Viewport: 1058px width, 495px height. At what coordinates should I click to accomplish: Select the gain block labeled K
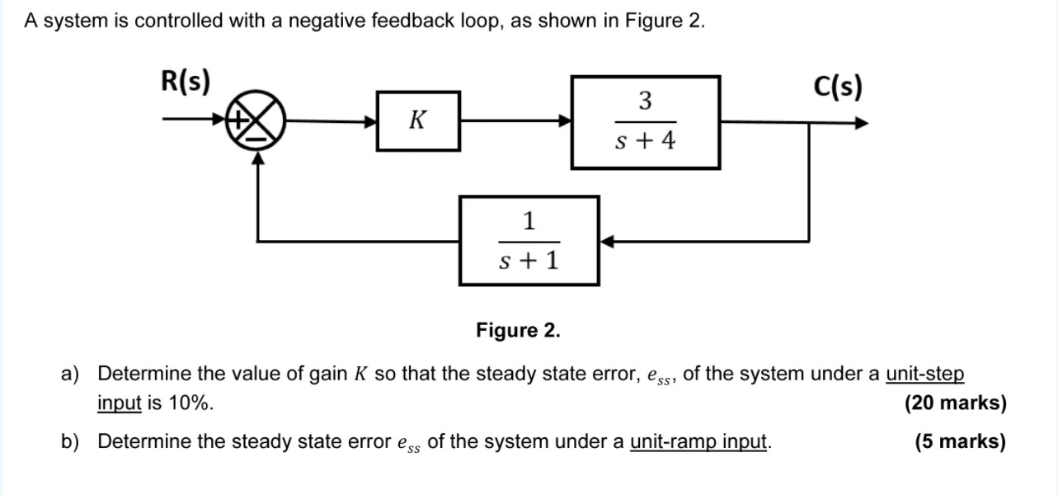pyautogui.click(x=418, y=121)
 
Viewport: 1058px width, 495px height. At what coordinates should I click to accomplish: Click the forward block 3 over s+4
pyautogui.click(x=646, y=122)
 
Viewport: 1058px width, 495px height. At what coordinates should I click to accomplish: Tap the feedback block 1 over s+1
pyautogui.click(x=529, y=241)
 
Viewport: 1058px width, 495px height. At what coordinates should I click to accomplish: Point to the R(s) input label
pyautogui.click(x=185, y=82)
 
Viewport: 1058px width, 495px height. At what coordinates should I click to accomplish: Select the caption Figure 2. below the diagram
pyautogui.click(x=518, y=331)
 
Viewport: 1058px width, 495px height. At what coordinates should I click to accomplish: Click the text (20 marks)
pyautogui.click(x=955, y=403)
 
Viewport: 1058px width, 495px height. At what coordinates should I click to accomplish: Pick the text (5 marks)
pyautogui.click(x=960, y=442)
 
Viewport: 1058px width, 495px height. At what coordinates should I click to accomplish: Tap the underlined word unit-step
pyautogui.click(x=924, y=374)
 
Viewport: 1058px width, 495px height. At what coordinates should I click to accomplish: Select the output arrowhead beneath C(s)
pyautogui.click(x=861, y=124)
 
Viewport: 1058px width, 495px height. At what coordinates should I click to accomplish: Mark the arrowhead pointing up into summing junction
pyautogui.click(x=259, y=161)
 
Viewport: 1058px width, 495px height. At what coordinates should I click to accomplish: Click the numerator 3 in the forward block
pyautogui.click(x=646, y=101)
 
